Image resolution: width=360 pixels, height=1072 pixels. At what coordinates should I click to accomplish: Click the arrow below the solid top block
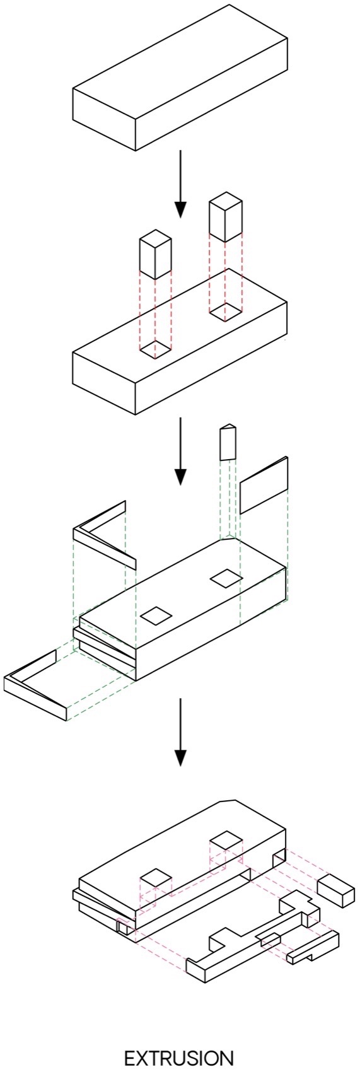pyautogui.click(x=180, y=184)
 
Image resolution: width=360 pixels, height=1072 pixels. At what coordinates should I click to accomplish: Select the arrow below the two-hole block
pyautogui.click(x=180, y=451)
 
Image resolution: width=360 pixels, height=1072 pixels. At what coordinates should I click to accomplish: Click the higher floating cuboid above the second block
pyautogui.click(x=226, y=217)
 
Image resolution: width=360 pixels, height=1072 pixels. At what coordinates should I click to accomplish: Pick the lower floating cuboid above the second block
pyautogui.click(x=155, y=254)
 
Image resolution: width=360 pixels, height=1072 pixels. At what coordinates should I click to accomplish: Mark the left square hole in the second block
pyautogui.click(x=155, y=350)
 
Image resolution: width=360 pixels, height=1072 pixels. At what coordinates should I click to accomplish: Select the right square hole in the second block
pyautogui.click(x=226, y=313)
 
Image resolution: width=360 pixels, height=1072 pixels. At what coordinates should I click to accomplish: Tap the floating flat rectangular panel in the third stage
pyautogui.click(x=264, y=486)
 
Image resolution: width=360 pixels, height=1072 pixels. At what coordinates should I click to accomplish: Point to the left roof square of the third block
pyautogui.click(x=155, y=615)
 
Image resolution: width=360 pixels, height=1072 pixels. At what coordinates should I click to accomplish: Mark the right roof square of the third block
pyautogui.click(x=226, y=578)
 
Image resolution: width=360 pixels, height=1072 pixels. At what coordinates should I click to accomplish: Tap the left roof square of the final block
pyautogui.click(x=155, y=877)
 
